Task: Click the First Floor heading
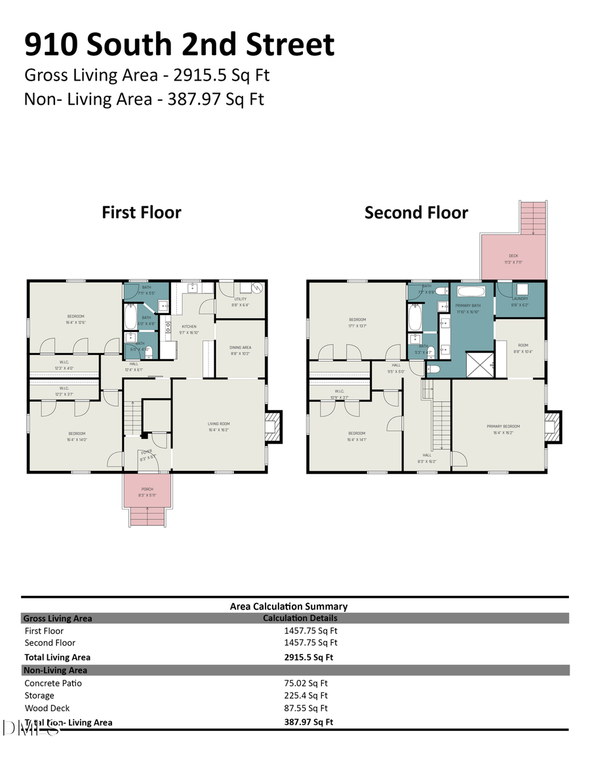(x=141, y=212)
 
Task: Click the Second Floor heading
(x=416, y=213)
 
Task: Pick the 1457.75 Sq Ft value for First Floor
(x=310, y=631)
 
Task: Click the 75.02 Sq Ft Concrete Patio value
(x=305, y=683)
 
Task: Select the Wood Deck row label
(x=47, y=708)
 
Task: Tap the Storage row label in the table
(x=39, y=696)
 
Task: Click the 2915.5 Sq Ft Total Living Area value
(x=308, y=657)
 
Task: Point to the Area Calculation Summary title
(x=288, y=606)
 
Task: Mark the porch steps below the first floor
(x=147, y=517)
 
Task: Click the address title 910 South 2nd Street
(x=179, y=45)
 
